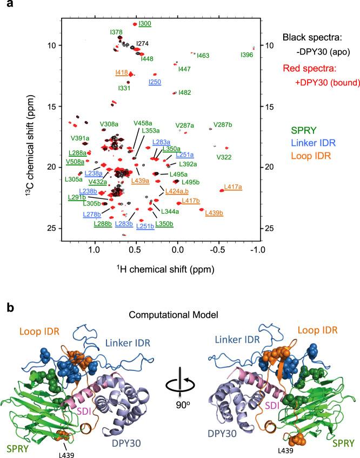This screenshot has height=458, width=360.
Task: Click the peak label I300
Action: tap(145, 23)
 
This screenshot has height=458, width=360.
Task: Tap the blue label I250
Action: tap(155, 82)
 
